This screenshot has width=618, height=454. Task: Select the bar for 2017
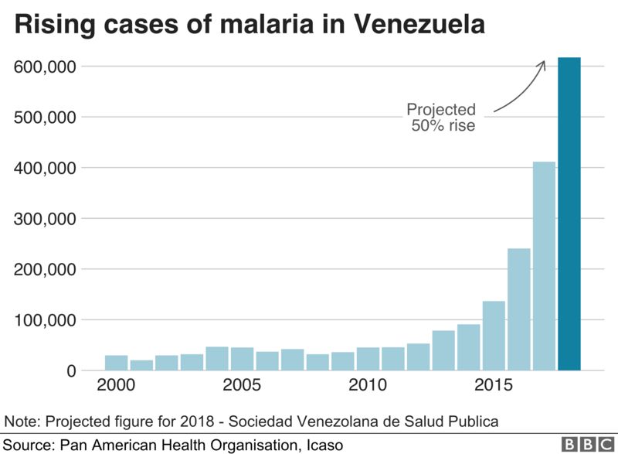(544, 266)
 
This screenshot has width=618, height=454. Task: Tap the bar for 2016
(518, 309)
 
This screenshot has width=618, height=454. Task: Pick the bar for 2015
(494, 336)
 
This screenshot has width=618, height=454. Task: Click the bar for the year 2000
(116, 363)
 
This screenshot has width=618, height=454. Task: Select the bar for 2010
(368, 359)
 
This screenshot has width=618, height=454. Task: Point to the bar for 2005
(242, 359)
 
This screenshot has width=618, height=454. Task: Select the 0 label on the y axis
(72, 370)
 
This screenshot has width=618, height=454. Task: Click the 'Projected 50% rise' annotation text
(442, 117)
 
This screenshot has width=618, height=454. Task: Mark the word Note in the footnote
(21, 422)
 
